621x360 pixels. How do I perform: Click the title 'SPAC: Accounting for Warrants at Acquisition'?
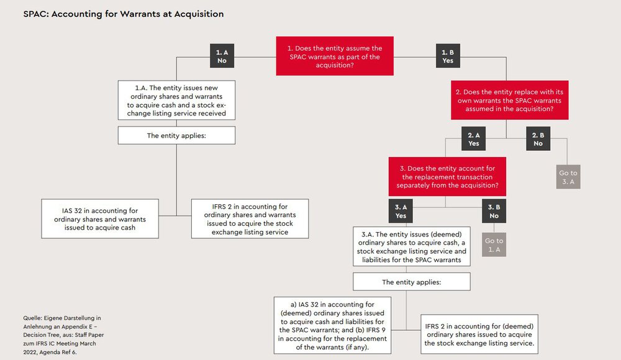(124, 14)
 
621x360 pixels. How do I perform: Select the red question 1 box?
(335, 56)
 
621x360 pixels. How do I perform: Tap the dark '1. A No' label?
(222, 56)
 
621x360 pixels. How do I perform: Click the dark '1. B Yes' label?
(448, 56)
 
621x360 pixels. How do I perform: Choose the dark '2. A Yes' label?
(474, 138)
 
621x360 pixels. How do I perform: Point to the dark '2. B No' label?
(538, 138)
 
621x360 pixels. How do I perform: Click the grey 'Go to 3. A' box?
(568, 178)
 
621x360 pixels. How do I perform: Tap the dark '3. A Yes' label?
(401, 212)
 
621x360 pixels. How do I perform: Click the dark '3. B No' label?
(494, 212)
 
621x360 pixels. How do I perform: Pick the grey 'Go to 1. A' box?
(494, 246)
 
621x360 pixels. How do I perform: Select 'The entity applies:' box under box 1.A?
(177, 135)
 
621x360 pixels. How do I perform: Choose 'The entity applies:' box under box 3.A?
(412, 282)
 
